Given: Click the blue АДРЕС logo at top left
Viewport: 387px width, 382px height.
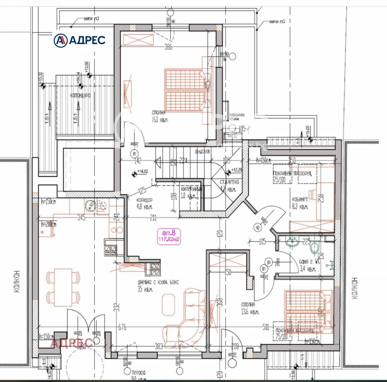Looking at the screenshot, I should (79, 40).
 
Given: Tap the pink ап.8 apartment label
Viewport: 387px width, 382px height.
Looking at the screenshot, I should (170, 233).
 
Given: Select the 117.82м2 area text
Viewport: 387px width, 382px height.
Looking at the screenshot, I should (170, 239).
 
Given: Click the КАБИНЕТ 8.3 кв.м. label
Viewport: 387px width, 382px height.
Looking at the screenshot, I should (300, 203).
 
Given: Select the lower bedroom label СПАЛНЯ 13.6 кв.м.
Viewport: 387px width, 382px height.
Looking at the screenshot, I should (249, 308).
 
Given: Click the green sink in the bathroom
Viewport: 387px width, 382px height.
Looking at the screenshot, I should (291, 243).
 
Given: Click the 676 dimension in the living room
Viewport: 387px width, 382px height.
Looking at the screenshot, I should (122, 328).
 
